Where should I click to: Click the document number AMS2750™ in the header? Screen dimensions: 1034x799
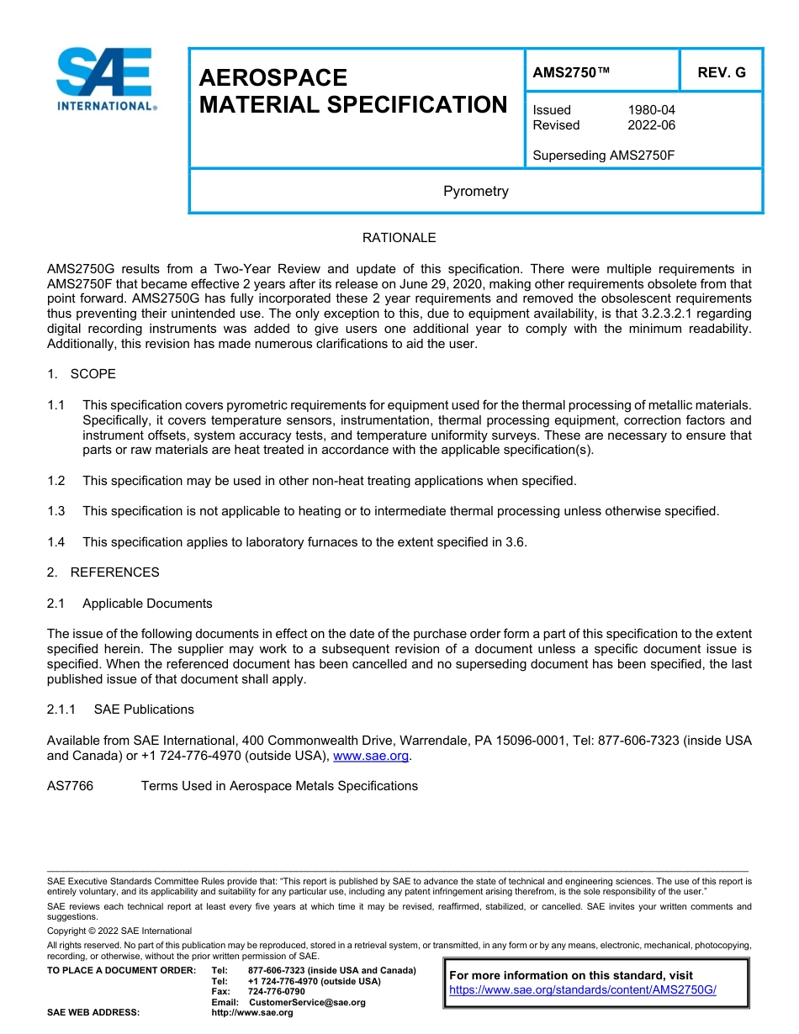pyautogui.click(x=571, y=72)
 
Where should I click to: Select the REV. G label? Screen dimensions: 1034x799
pyautogui.click(x=721, y=72)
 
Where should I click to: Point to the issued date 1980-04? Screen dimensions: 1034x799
pyautogui.click(x=651, y=110)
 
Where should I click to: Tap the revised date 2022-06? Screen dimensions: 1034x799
pyautogui.click(x=651, y=125)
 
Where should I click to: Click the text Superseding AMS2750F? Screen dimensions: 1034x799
pyautogui.click(x=604, y=156)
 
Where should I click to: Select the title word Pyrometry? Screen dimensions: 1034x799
pyautogui.click(x=476, y=191)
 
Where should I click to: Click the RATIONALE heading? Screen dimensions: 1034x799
pyautogui.click(x=399, y=238)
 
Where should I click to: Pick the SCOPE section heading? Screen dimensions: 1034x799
pyautogui.click(x=93, y=373)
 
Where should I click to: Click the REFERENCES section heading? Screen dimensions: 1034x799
pyautogui.click(x=114, y=572)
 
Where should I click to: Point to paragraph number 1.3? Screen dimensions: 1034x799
pyautogui.click(x=56, y=511)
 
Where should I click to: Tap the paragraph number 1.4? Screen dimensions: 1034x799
pyautogui.click(x=56, y=542)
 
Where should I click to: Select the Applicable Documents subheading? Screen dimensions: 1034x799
pyautogui.click(x=147, y=604)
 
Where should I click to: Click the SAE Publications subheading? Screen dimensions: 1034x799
pyautogui.click(x=144, y=710)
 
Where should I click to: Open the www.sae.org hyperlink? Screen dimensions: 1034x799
pyautogui.click(x=371, y=756)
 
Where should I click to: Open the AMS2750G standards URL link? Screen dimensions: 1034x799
pyautogui.click(x=582, y=990)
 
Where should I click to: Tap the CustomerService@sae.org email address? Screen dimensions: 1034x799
pyautogui.click(x=307, y=1002)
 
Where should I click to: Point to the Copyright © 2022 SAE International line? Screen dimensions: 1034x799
pyautogui.click(x=119, y=931)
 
